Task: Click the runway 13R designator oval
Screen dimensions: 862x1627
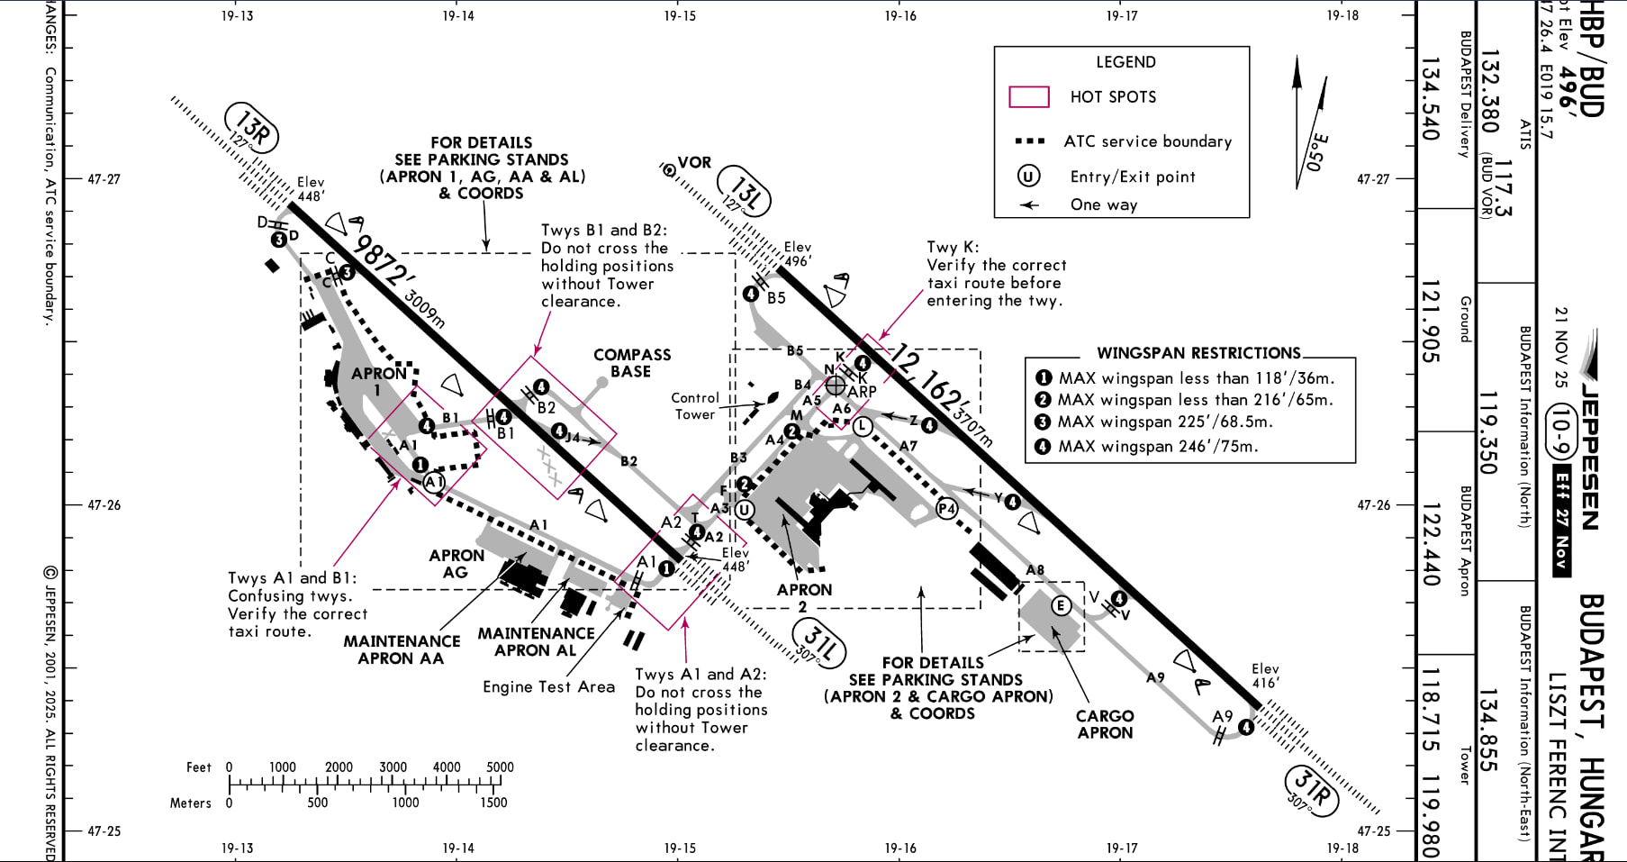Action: tap(250, 128)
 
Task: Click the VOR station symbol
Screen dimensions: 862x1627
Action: tap(669, 169)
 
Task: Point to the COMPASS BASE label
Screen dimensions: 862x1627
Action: tap(631, 363)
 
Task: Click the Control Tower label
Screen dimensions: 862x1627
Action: tap(694, 406)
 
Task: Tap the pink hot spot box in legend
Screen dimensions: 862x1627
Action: tap(1028, 96)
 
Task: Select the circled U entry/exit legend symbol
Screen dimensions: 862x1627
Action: tap(1028, 177)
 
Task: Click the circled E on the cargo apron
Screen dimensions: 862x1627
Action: tap(1061, 605)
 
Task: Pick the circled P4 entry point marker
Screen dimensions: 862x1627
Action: tap(946, 509)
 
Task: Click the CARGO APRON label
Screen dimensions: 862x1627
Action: tap(1105, 724)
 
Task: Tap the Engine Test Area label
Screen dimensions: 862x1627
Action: tap(548, 687)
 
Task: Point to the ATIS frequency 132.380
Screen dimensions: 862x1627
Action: tap(1490, 91)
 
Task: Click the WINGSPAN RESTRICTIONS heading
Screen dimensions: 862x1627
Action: tap(1198, 353)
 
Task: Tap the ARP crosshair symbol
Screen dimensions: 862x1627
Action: tap(836, 386)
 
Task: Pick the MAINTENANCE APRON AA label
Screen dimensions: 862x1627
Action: tap(402, 649)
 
